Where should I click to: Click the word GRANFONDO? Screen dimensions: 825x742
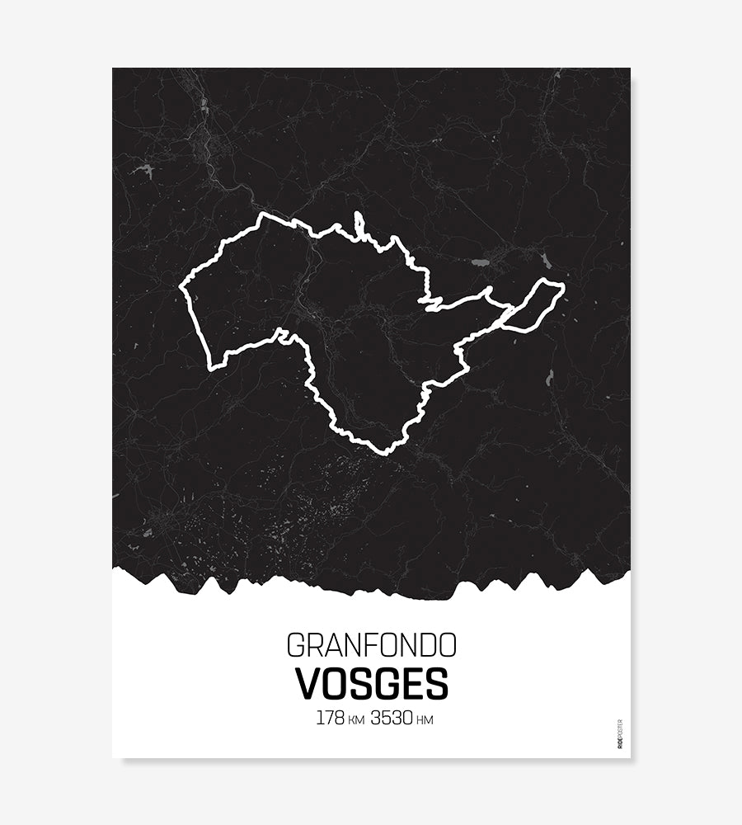pyautogui.click(x=371, y=645)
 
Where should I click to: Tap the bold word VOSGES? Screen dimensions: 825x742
pyautogui.click(x=371, y=683)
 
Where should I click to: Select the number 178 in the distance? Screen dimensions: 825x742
pyautogui.click(x=330, y=718)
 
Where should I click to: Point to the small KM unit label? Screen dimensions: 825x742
pyautogui.click(x=356, y=720)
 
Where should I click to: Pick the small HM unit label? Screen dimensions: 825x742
pyautogui.click(x=425, y=720)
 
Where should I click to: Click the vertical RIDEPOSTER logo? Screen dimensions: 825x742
pyautogui.click(x=620, y=733)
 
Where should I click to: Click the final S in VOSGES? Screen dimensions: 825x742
pyautogui.click(x=437, y=683)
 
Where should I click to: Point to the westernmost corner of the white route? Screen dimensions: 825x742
pyautogui.click(x=181, y=288)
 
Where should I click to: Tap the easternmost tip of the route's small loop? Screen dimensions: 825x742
pyautogui.click(x=564, y=286)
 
